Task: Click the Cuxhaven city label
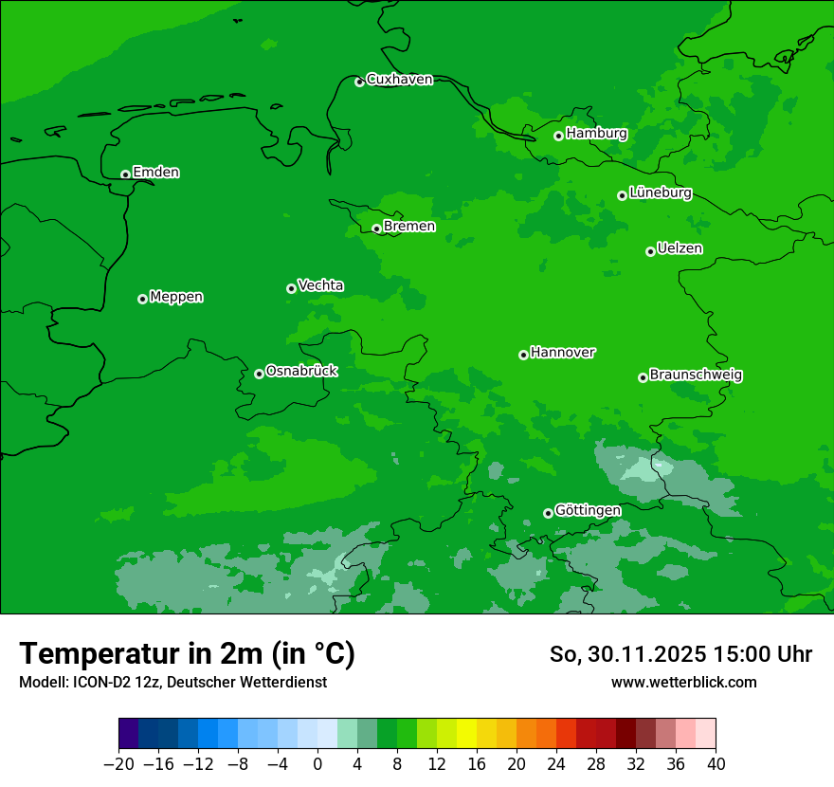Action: [x=399, y=80]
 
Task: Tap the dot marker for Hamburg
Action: [x=558, y=136]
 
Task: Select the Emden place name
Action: [x=155, y=173]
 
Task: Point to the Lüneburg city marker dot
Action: [x=622, y=195]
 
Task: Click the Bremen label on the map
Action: [x=409, y=227]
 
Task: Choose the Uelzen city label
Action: [x=680, y=248]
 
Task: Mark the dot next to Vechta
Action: [x=291, y=288]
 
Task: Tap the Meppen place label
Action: [x=176, y=297]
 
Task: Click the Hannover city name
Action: [x=563, y=353]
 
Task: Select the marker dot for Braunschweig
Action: [x=643, y=377]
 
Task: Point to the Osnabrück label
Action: [x=301, y=371]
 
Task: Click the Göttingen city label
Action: [x=588, y=511]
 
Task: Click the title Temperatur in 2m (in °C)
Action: [x=187, y=653]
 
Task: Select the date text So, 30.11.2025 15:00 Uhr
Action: [x=680, y=654]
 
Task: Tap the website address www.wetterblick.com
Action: [x=683, y=682]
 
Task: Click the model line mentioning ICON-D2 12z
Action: [x=172, y=682]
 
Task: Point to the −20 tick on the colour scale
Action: [x=118, y=764]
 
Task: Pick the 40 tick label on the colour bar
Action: [x=716, y=764]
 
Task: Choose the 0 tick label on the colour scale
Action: [x=317, y=764]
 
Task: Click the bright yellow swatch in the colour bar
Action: [x=466, y=734]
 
